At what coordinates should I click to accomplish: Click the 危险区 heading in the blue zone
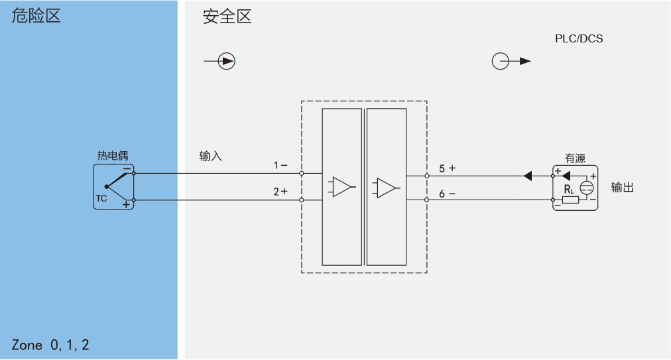[x=36, y=16]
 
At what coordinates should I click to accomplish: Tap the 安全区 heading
[x=227, y=17]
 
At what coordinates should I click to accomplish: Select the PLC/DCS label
[x=579, y=38]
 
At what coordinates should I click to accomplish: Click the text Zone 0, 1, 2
[x=50, y=345]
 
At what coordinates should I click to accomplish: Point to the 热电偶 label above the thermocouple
[x=113, y=155]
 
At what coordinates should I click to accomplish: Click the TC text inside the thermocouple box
[x=101, y=198]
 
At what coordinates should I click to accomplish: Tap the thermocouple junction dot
[x=107, y=187]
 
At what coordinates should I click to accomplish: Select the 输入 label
[x=211, y=156]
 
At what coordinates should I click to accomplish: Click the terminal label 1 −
[x=280, y=165]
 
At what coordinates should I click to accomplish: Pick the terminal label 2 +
[x=280, y=192]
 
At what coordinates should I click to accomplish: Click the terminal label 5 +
[x=447, y=168]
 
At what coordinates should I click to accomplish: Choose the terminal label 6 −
[x=447, y=194]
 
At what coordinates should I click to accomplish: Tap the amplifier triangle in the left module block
[x=341, y=187]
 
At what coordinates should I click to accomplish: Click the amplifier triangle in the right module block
[x=386, y=188]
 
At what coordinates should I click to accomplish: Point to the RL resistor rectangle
[x=570, y=200]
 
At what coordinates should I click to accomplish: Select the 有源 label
[x=575, y=158]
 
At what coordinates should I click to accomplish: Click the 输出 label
[x=622, y=188]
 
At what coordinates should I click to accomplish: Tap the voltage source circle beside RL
[x=587, y=188]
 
